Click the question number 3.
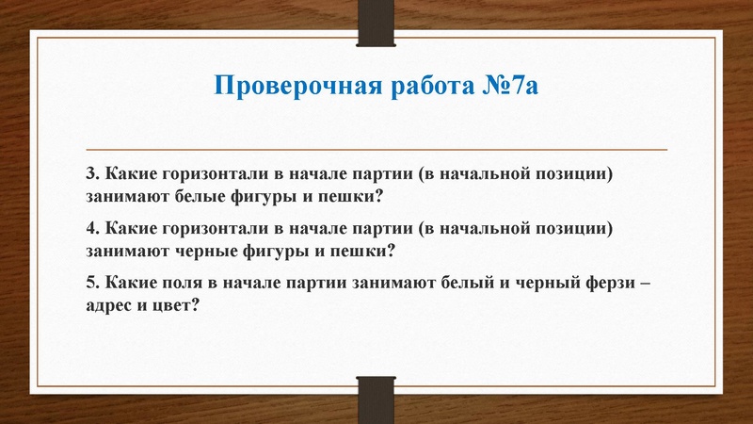[x=90, y=175]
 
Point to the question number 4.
[x=90, y=229]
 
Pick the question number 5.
[x=90, y=283]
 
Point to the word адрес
[x=111, y=305]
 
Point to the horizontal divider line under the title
[x=376, y=150]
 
